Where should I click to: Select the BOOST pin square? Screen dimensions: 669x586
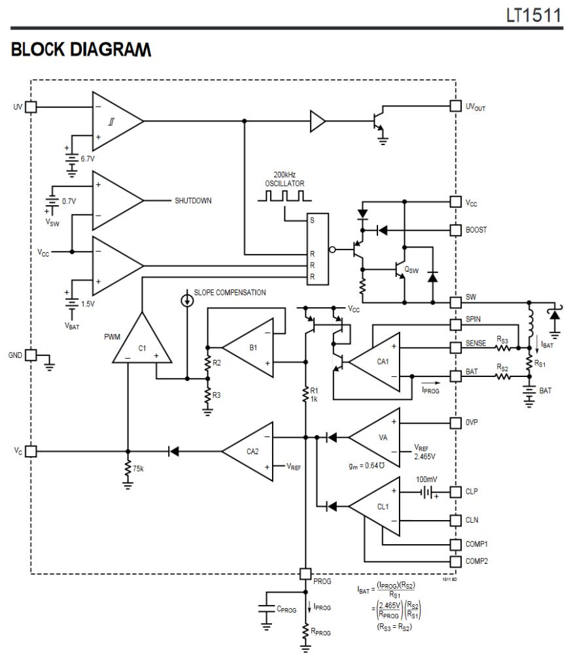pyautogui.click(x=456, y=230)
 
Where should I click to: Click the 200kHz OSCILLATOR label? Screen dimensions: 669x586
pyautogui.click(x=284, y=180)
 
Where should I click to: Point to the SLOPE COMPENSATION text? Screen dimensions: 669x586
pyautogui.click(x=230, y=293)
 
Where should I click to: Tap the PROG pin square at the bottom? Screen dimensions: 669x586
pyautogui.click(x=305, y=573)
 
